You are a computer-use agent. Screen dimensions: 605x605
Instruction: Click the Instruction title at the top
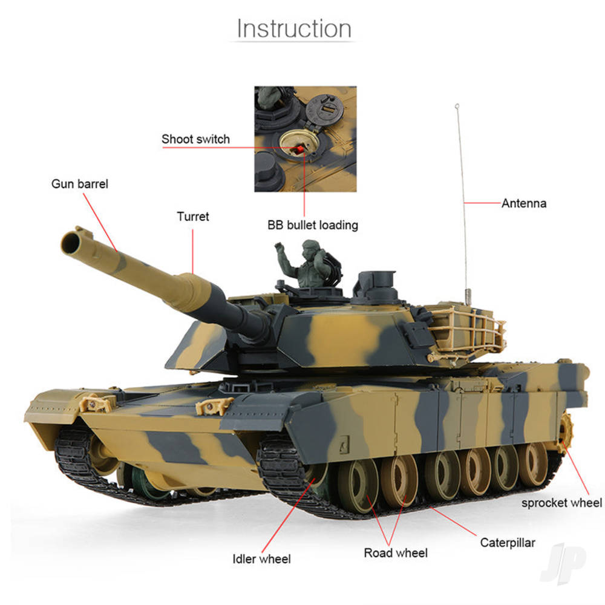pos(294,29)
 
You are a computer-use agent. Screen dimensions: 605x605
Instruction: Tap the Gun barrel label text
pos(79,184)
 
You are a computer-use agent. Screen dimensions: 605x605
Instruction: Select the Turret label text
pos(192,217)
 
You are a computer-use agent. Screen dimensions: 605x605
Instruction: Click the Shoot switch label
pos(195,139)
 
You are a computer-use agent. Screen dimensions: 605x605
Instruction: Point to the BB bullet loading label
pos(313,225)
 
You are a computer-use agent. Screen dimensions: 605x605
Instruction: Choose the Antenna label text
pos(523,203)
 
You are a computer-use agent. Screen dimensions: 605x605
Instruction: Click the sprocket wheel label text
pos(561,503)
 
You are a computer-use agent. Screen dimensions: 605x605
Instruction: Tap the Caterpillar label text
pos(507,543)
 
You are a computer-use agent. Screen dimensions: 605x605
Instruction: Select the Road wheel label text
pos(395,553)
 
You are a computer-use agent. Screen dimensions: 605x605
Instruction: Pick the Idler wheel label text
pos(261,559)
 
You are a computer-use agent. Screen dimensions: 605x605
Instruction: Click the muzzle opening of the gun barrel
pos(72,240)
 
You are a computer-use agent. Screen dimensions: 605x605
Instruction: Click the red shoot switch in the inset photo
pos(298,149)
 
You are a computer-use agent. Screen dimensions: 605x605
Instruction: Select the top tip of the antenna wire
pos(454,107)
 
